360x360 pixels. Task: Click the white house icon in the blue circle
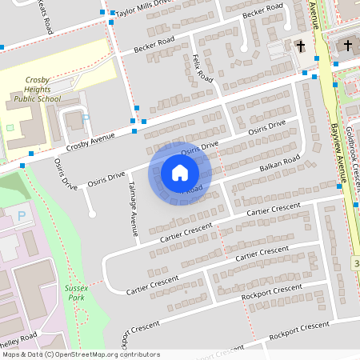(180, 172)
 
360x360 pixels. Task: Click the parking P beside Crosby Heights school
(86, 118)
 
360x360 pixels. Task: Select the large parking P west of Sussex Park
(21, 216)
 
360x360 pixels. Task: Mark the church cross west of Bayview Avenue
(301, 46)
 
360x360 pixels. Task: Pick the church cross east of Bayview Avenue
(348, 46)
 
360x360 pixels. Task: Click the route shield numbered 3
(355, 263)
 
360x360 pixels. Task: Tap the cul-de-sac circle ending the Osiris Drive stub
(93, 214)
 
